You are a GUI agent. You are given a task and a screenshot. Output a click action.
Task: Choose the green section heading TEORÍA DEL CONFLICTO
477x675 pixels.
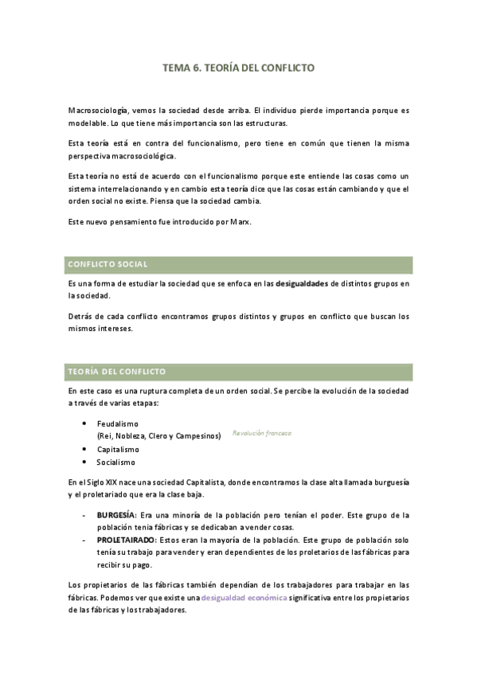(x=240, y=372)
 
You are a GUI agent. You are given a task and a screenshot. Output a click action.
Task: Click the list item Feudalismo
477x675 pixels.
(x=118, y=424)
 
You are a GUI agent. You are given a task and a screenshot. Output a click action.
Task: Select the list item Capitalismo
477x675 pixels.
(x=118, y=449)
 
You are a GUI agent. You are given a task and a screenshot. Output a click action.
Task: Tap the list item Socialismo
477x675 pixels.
(x=116, y=462)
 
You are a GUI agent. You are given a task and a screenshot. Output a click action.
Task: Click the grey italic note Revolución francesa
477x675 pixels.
(x=262, y=433)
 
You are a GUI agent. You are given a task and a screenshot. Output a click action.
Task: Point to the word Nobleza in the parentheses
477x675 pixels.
(x=131, y=436)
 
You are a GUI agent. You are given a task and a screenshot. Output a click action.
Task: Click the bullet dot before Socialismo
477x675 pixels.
(x=85, y=462)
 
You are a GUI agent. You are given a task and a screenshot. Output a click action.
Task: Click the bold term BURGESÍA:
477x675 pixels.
(x=117, y=515)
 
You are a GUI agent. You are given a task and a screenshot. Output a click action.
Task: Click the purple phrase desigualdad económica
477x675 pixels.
(x=244, y=597)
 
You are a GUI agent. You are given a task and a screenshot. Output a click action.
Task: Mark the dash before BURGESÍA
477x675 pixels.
(x=84, y=515)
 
